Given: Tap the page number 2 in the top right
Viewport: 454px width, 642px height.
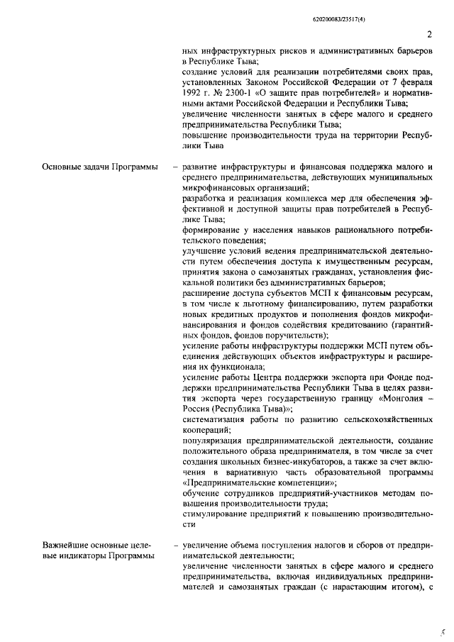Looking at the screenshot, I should click(430, 34).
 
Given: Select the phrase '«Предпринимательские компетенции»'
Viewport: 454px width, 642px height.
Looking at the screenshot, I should click(249, 482).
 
